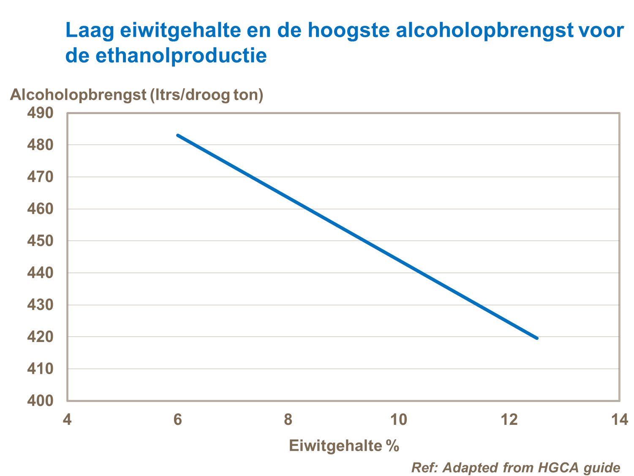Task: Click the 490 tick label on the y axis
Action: pos(40,113)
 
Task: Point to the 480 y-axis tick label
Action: pos(40,145)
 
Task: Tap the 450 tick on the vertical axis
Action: pos(40,241)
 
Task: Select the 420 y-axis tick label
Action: pos(40,337)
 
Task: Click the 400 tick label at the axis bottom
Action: pos(40,400)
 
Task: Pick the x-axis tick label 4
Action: pos(67,420)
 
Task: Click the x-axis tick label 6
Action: pos(178,420)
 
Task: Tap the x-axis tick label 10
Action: pos(398,420)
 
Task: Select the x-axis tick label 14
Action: pos(620,420)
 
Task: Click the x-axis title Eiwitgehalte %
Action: pos(344,446)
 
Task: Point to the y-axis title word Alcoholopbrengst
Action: pos(78,94)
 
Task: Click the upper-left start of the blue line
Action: pos(178,135)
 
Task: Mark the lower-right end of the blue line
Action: pos(536,338)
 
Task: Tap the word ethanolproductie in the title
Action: pos(181,55)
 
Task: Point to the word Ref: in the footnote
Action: pos(425,468)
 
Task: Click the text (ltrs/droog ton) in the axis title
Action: pos(207,94)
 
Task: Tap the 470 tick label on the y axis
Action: pos(40,177)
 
